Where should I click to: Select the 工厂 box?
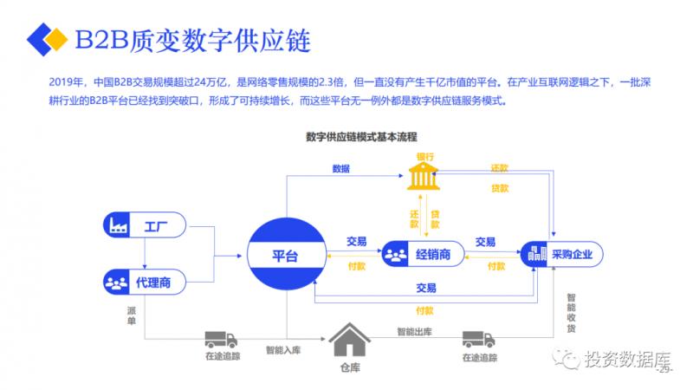pyautogui.click(x=143, y=227)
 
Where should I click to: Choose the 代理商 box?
pyautogui.click(x=143, y=283)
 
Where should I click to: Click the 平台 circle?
pyautogui.click(x=285, y=255)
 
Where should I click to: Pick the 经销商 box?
pyautogui.click(x=420, y=255)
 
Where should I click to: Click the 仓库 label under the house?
pyautogui.click(x=350, y=368)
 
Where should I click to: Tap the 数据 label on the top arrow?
pyautogui.click(x=340, y=168)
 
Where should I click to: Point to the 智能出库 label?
pyautogui.click(x=413, y=331)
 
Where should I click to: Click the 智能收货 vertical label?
pyautogui.click(x=571, y=312)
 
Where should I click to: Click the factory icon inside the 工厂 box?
pyautogui.click(x=116, y=227)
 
